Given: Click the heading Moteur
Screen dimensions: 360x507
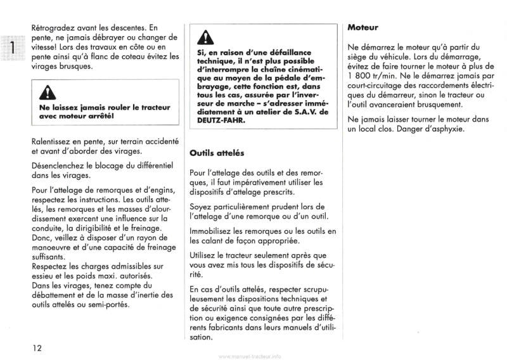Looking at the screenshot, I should pyautogui.click(x=364, y=29).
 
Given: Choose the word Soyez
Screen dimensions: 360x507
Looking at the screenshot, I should pyautogui.click(x=201, y=207).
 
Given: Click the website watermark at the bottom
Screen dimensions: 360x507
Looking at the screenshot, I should pyautogui.click(x=253, y=356).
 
